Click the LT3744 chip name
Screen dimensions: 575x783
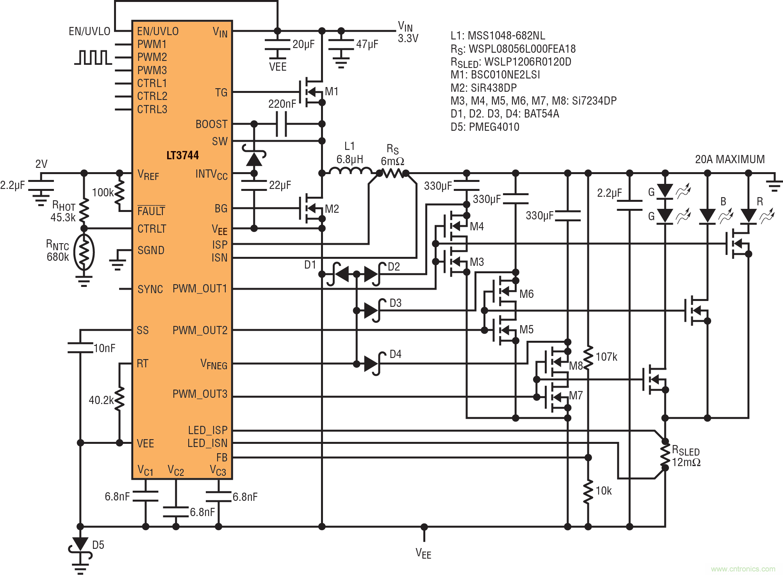[182, 155]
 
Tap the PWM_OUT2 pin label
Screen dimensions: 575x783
[200, 330]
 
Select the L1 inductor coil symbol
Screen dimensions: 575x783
[350, 171]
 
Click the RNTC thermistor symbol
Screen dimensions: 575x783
[84, 252]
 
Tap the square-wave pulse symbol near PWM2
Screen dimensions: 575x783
[93, 57]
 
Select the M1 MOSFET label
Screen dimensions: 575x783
[332, 91]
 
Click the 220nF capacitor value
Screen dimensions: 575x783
[282, 104]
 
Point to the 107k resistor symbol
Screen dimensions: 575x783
[588, 357]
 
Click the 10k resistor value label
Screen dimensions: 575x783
[603, 491]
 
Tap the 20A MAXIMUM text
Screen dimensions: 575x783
[729, 159]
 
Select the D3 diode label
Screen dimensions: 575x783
[396, 303]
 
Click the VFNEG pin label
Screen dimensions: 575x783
[214, 364]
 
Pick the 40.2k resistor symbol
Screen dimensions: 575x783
[120, 399]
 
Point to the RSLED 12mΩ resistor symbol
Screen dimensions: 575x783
[665, 455]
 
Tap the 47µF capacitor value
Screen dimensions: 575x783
[367, 44]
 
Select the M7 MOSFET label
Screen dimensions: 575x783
[576, 395]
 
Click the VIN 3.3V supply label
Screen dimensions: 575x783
[407, 32]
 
